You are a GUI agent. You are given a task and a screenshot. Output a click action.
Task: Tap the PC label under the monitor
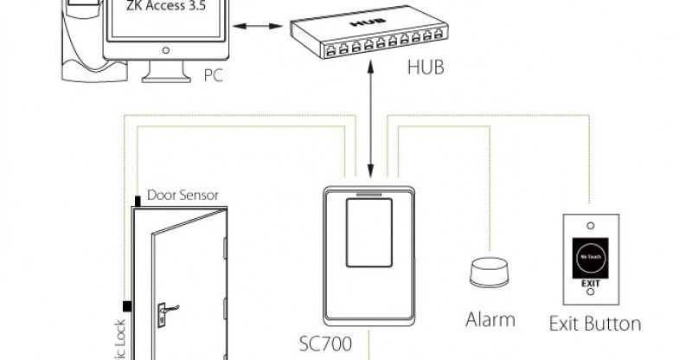coord(215,75)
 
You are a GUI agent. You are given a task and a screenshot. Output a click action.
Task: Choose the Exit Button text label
coord(595,324)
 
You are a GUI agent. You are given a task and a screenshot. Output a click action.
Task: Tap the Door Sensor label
coord(183,195)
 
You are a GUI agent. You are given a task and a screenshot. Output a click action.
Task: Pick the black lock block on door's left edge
coord(126,306)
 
